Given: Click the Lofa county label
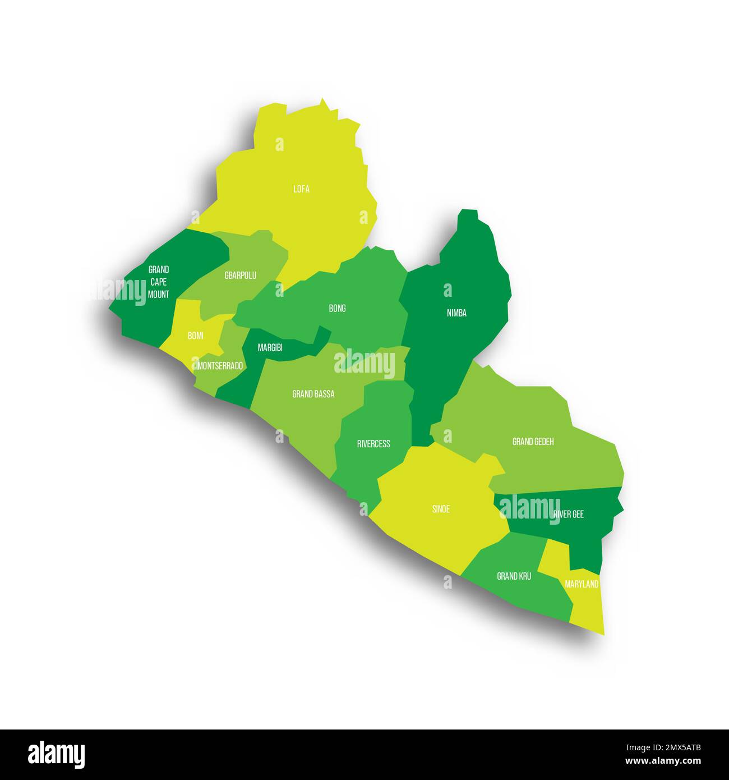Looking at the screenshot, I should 301,189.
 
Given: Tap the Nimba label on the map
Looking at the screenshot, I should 456,313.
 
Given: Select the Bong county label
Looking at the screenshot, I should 337,308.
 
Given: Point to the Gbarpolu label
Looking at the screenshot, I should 240,276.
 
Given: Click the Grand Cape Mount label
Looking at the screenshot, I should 159,282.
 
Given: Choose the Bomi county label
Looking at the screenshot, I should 196,336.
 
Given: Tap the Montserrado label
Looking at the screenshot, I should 220,366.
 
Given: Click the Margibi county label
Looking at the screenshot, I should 270,348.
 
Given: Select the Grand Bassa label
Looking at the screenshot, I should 313,394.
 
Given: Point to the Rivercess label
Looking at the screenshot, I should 373,444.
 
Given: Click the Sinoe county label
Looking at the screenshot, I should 441,510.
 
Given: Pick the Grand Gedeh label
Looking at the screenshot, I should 533,442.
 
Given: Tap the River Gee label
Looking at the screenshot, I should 568,514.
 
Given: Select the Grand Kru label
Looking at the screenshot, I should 514,576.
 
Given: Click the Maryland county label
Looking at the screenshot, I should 582,584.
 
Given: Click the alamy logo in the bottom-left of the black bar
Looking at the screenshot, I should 56,755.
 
